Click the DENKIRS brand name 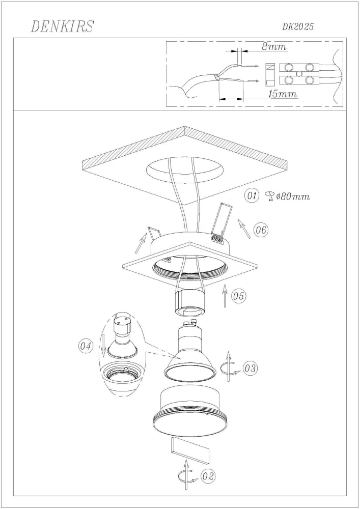coord(62,26)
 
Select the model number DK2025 coord(298,27)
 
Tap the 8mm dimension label coord(274,47)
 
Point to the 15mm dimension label coord(283,94)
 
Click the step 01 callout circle coord(252,196)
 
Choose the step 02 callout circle coord(208,476)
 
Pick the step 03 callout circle coord(250,368)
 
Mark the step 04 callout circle coord(86,346)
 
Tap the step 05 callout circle coord(239,296)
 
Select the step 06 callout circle coord(261,230)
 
